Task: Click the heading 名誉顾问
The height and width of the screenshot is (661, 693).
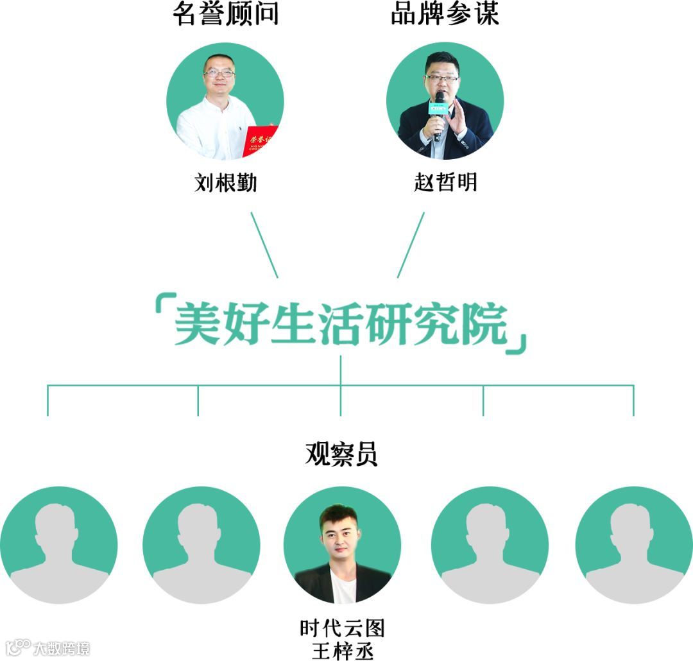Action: tap(225, 15)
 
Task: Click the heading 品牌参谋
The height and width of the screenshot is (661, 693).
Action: tap(445, 15)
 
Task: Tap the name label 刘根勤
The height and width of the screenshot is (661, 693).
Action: tap(225, 183)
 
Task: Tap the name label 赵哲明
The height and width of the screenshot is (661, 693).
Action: tap(445, 183)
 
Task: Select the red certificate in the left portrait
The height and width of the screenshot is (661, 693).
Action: tap(259, 141)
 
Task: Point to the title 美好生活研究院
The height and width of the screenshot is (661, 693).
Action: tap(341, 325)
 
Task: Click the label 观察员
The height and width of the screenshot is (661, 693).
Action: tap(341, 454)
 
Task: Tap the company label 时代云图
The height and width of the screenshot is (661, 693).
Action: tap(342, 627)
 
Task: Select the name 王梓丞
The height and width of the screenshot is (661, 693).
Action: tap(342, 649)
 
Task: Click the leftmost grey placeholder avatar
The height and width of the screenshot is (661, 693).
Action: tap(59, 545)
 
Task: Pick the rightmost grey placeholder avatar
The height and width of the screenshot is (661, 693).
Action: tap(633, 545)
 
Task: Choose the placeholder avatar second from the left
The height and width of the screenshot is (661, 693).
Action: tap(201, 545)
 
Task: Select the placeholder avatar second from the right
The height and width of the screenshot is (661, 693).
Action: tap(490, 545)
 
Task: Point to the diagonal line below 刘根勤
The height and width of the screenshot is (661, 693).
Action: tap(264, 245)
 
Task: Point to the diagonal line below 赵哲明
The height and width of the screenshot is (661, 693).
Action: tap(411, 245)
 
